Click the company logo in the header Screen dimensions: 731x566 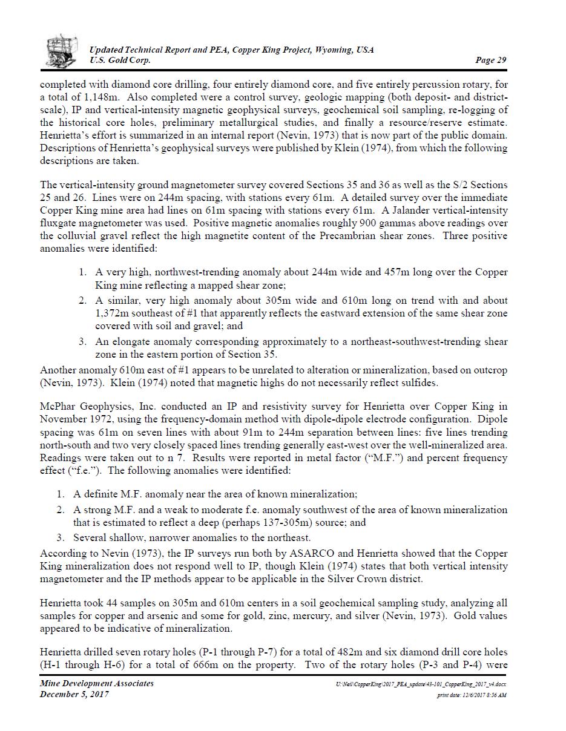coord(62,50)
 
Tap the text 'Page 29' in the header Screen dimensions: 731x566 coord(490,60)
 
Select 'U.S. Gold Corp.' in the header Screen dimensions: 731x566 coord(120,60)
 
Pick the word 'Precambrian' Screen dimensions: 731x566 coord(349,235)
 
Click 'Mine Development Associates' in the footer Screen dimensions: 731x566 coord(97,683)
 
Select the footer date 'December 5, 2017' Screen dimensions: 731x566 coord(74,694)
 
